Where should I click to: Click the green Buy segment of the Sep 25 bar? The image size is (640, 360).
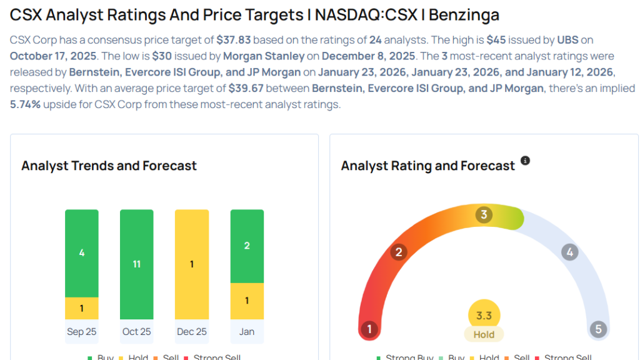pos(82,253)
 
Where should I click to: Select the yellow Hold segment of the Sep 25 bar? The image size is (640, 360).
pos(82,308)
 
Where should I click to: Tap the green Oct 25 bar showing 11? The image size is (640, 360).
pos(137,264)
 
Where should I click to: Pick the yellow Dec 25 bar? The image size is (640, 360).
pos(192,264)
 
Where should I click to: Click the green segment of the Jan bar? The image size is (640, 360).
pos(247,246)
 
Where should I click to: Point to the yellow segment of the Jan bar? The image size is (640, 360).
pos(247,301)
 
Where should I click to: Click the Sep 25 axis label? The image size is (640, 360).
pos(82,331)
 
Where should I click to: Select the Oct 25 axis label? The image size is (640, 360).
pos(137,331)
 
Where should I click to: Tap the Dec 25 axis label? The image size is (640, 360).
pos(192,331)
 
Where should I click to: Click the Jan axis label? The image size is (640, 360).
pos(247,331)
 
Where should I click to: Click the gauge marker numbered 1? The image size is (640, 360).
pos(369,329)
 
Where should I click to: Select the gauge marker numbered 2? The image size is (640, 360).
pos(398,252)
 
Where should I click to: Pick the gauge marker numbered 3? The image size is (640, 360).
pos(483,215)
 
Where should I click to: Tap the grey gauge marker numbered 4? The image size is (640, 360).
pos(569,252)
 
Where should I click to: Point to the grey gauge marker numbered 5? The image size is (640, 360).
pos(598,329)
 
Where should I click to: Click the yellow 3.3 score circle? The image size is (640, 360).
pos(484,316)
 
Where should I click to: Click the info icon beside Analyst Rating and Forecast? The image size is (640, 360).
pos(525,161)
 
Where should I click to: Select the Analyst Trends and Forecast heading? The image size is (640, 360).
pos(109,166)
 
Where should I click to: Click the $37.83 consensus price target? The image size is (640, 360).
pos(234,40)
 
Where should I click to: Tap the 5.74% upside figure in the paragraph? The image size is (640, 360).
pos(26,104)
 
